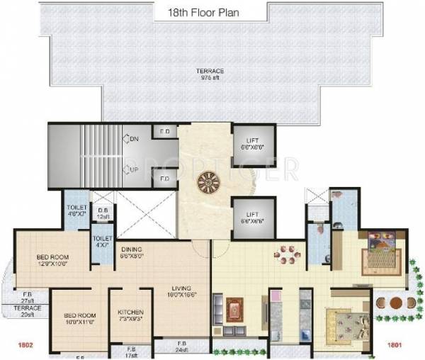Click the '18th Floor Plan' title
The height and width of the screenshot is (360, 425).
[x=212, y=11]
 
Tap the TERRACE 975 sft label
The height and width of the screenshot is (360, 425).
[x=212, y=74]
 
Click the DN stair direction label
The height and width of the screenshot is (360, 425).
[x=132, y=139]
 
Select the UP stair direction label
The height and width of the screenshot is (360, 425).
[x=132, y=171]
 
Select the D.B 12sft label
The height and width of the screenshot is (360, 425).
[x=102, y=213]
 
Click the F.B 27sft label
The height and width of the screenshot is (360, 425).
[x=8, y=296]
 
